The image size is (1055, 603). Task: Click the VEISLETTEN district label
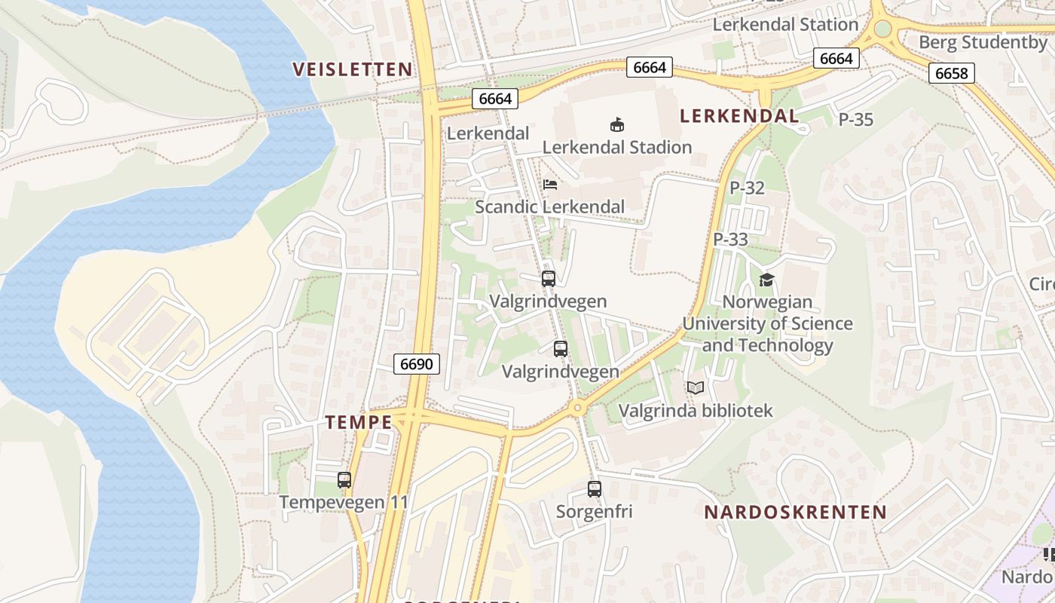click(x=353, y=69)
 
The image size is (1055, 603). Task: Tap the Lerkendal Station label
click(x=785, y=24)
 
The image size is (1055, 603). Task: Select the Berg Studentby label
click(x=983, y=42)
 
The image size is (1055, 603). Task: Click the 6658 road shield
click(x=952, y=73)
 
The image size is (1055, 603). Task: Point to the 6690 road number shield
click(x=417, y=364)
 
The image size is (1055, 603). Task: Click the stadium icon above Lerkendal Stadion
click(x=617, y=124)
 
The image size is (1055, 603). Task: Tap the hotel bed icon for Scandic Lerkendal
click(x=550, y=185)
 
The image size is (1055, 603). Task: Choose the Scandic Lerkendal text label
click(x=549, y=207)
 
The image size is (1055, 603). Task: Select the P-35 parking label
click(x=855, y=119)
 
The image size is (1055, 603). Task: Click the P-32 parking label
click(x=747, y=188)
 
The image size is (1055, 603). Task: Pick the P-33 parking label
click(x=730, y=240)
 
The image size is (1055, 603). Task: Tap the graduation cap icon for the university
click(x=766, y=280)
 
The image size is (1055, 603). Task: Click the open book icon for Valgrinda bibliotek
click(x=695, y=388)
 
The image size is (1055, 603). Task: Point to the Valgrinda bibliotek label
click(x=696, y=411)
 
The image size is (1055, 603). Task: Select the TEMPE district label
click(x=359, y=422)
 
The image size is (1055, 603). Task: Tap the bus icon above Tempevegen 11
click(x=344, y=479)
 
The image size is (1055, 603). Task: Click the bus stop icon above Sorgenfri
click(x=595, y=489)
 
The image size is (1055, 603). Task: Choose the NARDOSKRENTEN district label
click(x=795, y=513)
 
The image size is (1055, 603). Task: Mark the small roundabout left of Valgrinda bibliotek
click(x=577, y=408)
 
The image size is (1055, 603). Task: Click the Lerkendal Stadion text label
click(x=616, y=147)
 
